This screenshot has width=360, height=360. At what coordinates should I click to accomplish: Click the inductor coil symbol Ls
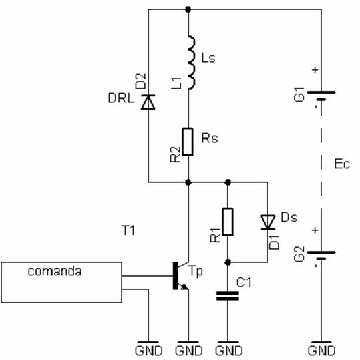pos(192,63)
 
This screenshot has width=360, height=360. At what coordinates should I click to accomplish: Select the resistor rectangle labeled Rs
pos(188,142)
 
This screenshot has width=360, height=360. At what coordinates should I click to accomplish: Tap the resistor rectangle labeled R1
pos(228,222)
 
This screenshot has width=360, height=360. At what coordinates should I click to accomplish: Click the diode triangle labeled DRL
pos(148,102)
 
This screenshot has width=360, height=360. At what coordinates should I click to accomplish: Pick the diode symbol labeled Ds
pos(268,222)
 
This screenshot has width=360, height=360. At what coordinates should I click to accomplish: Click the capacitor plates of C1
pos(228,296)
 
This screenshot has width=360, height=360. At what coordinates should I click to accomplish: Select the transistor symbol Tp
pos(181,275)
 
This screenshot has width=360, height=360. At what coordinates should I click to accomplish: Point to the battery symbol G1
pos(321,96)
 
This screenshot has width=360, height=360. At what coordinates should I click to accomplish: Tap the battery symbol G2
pos(321,256)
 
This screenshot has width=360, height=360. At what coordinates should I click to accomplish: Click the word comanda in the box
pos(55,271)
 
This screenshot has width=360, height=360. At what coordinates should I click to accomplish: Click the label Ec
pos(342,164)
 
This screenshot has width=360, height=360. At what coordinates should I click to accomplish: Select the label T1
pos(128,230)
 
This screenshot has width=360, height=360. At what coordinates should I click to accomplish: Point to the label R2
pos(176,154)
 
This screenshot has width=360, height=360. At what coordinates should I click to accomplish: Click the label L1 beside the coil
pos(178,83)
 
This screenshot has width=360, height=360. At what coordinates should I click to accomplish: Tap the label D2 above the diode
pos(140,81)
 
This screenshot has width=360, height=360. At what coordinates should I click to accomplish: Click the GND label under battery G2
pos(321,351)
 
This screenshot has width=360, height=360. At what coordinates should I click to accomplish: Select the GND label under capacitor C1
pos(228,351)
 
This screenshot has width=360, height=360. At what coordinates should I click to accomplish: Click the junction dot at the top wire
pos(188,9)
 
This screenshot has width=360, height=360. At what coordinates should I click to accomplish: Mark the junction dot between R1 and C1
pos(228,262)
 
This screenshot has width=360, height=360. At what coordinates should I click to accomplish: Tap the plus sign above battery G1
pos(315,69)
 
